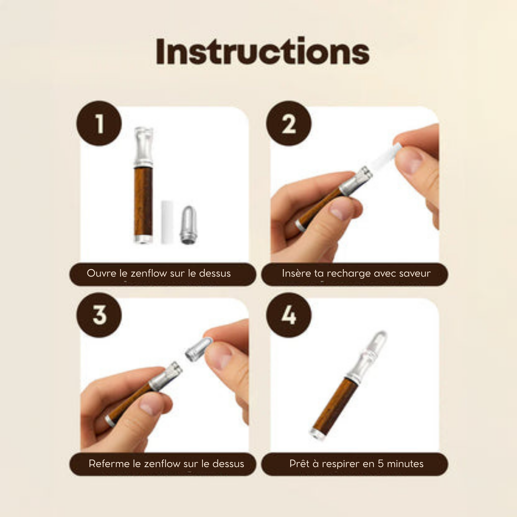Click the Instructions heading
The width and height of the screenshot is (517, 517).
pos(263,52)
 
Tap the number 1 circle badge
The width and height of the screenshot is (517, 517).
pos(99,123)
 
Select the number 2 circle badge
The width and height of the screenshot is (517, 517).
pos(289,123)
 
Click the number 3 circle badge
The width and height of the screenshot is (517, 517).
pos(99,315)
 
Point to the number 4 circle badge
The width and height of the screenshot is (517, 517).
pos(289,315)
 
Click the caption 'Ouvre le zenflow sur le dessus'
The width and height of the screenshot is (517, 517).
pos(158,273)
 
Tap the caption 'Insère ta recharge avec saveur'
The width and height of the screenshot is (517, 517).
pos(356,273)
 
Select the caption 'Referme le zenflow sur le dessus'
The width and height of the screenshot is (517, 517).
pos(166,464)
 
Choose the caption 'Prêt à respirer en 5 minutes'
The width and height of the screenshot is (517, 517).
pos(356,464)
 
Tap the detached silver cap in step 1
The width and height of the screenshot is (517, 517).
pos(189,225)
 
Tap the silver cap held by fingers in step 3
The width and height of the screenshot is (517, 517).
pos(199,349)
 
